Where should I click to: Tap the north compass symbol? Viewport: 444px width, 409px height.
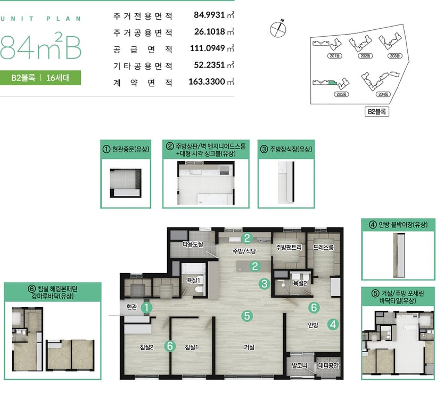pos(278,29)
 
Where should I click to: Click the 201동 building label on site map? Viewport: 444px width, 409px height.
pos(335,56)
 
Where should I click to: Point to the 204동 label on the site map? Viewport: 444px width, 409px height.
pos(383,94)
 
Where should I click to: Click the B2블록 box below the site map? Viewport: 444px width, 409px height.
pos(376,112)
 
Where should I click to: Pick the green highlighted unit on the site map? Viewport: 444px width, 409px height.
pos(332,83)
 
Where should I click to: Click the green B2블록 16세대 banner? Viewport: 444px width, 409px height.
pos(40,78)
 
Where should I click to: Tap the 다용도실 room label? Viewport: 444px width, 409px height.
pos(193,244)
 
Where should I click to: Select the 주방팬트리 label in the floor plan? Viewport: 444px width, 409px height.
pos(289,247)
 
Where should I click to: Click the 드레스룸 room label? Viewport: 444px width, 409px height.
pos(323,247)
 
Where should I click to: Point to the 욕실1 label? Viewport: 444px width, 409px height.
pos(193,281)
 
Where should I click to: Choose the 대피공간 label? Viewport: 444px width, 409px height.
pos(328,366)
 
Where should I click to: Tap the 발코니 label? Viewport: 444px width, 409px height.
pos(299,366)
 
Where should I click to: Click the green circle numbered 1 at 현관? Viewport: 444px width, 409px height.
pos(147,308)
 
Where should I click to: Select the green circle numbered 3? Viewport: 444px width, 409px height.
pos(265,283)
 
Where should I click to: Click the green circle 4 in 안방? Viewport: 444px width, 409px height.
pos(333,324)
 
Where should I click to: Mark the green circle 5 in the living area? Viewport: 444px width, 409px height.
pos(247,315)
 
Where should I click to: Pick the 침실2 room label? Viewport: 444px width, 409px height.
pos(147,347)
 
